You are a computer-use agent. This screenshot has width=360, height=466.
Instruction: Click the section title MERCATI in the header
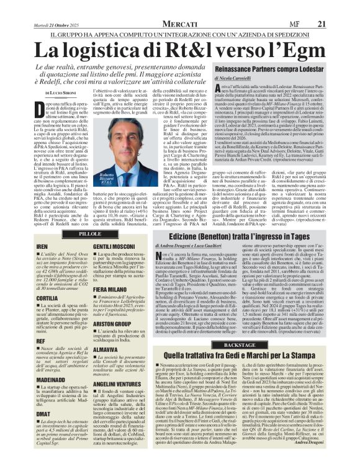coord(179,6)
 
